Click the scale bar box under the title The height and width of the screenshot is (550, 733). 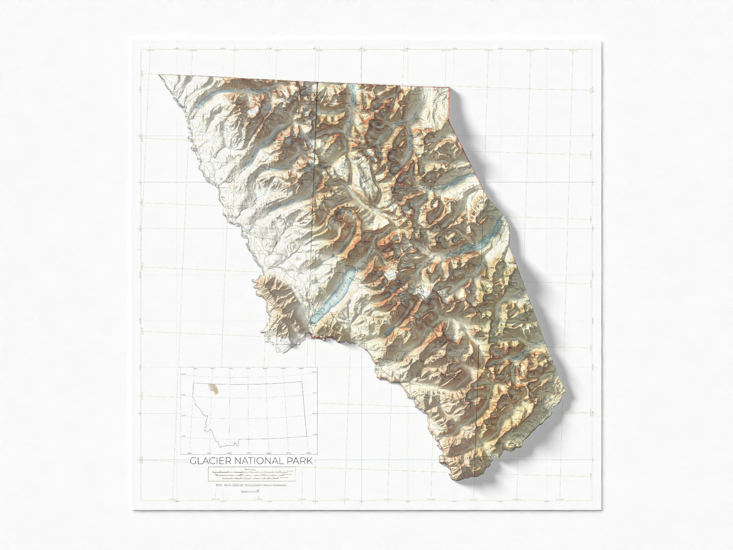pos(251,474)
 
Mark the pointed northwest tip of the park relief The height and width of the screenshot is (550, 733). pos(159,76)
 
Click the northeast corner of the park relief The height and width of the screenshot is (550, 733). pos(449,88)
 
